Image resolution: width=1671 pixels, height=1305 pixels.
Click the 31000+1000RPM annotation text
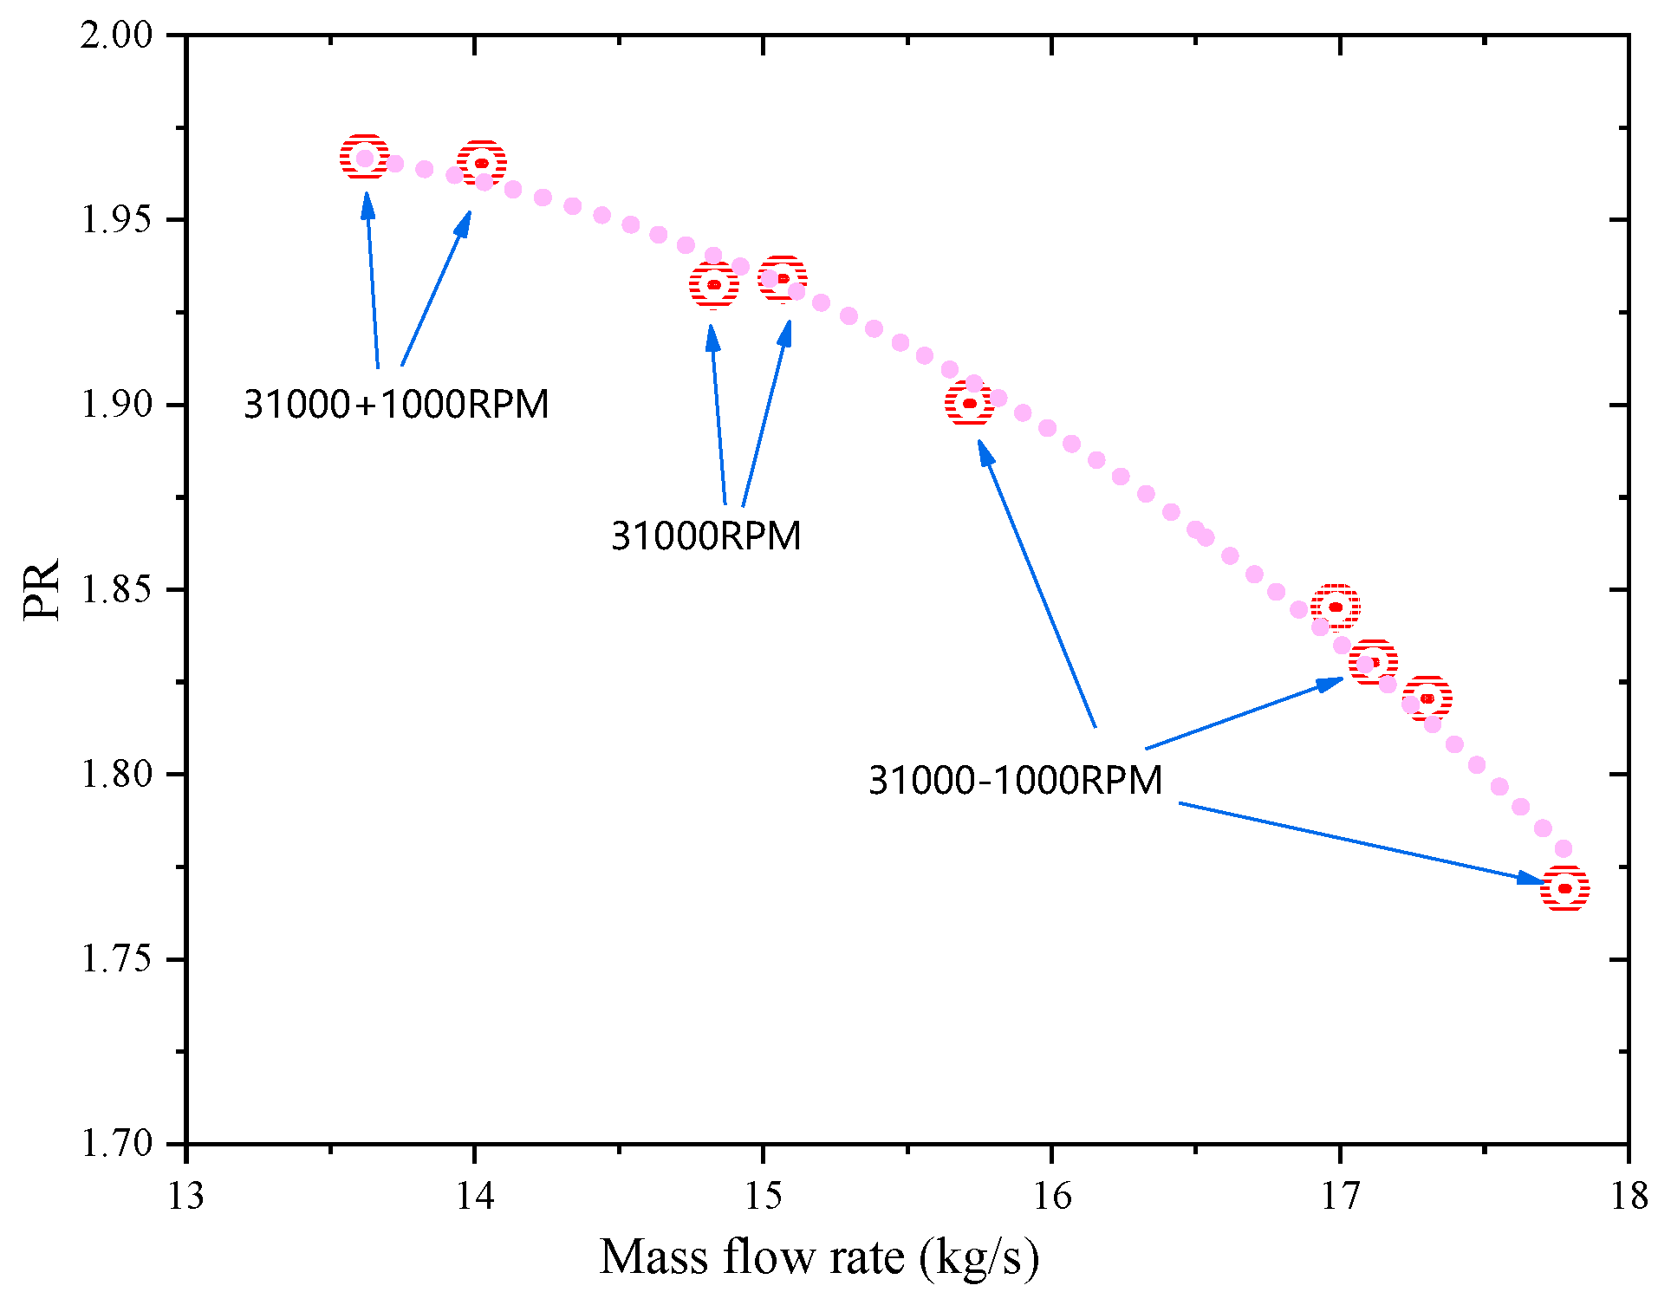pos(396,405)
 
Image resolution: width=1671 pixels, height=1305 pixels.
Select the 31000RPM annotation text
pos(705,536)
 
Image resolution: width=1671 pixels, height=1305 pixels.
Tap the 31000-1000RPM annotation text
pos(1015,781)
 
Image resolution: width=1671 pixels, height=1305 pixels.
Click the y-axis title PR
pos(42,589)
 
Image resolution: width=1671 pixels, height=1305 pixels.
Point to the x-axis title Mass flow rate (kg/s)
pos(819,1258)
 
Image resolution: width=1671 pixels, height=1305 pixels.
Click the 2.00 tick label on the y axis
pos(116,36)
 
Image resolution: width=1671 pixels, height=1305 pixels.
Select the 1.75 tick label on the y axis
pos(116,959)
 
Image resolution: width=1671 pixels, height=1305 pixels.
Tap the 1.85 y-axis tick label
pos(116,590)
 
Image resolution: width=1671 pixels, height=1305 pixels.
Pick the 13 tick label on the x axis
pos(185,1197)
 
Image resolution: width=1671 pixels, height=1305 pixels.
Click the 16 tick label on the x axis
pos(1051,1197)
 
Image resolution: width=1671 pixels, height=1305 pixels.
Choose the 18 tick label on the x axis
pos(1629,1197)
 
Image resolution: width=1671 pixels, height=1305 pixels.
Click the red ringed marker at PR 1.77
pos(1564,888)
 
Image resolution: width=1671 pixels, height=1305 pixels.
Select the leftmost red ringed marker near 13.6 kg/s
pos(364,158)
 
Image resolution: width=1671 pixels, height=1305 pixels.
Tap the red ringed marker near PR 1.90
pos(969,403)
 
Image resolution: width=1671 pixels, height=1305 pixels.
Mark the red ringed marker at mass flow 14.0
pos(481,163)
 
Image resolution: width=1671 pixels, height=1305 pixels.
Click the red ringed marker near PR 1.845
pos(1335,607)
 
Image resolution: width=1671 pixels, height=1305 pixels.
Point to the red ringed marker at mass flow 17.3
pos(1427,698)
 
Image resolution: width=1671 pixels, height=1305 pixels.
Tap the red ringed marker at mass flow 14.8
pos(714,284)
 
